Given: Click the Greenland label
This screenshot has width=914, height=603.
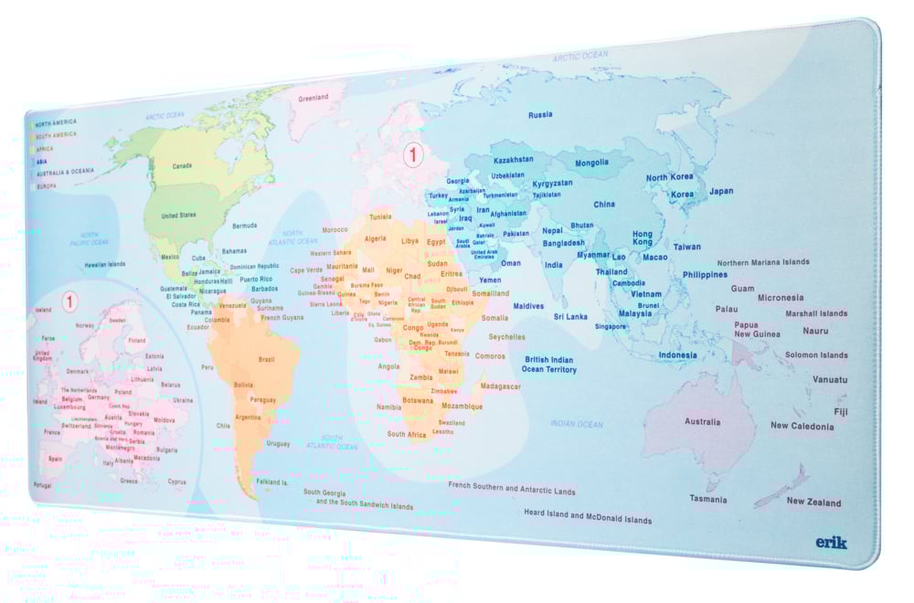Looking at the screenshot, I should (313, 98).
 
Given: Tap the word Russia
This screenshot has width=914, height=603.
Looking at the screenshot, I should (540, 115).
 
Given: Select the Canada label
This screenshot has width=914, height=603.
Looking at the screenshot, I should (182, 166).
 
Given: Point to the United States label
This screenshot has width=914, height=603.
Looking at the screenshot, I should (178, 216).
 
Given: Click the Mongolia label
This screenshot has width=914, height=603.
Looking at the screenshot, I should (591, 163).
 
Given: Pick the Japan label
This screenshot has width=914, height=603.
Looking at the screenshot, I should (721, 191).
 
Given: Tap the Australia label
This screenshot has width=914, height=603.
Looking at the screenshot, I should (702, 422).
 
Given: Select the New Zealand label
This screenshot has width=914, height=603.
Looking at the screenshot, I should (813, 502).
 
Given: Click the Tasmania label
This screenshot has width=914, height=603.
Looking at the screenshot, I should (708, 499).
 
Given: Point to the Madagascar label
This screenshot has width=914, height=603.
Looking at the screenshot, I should (500, 386).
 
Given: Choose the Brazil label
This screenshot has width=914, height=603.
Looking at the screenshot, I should (266, 359).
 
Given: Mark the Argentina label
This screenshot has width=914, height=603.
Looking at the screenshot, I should (247, 417).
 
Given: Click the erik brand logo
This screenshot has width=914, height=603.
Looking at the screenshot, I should (831, 542).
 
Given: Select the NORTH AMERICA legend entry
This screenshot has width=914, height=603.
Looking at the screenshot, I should (56, 122).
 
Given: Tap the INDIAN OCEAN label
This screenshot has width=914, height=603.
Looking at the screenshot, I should (577, 424).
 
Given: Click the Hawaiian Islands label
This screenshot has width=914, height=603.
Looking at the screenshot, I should (105, 264).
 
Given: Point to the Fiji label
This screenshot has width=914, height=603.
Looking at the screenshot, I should (840, 411).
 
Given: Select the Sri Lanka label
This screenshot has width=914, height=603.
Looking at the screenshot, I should (570, 316).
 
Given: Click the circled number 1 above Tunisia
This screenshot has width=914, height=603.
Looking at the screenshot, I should (412, 155).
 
